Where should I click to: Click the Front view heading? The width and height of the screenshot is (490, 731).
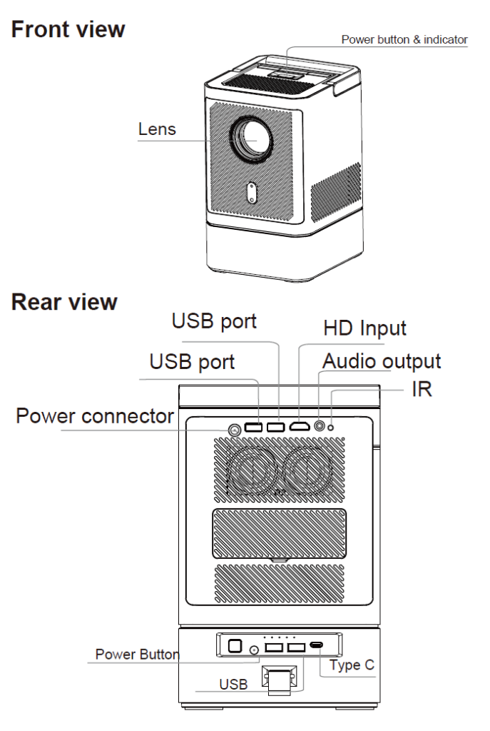68,29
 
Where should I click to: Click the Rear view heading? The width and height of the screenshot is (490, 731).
64,302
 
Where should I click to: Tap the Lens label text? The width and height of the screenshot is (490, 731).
157,129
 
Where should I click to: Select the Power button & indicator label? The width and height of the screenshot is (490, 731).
404,40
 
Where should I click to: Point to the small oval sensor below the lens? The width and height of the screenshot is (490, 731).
252,192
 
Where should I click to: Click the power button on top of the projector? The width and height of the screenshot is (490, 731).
288,74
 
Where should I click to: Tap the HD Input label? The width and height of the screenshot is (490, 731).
364,328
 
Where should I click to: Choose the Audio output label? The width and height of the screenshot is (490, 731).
382,362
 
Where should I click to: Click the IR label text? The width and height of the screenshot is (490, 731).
422,389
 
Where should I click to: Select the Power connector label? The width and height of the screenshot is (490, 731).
95,416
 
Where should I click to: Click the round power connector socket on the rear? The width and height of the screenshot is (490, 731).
235,430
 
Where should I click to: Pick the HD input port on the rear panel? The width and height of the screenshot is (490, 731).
300,426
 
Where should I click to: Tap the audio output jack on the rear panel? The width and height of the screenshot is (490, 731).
320,425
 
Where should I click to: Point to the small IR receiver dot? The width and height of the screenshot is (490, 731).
331,427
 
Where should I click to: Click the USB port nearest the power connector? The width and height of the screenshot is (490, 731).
253,427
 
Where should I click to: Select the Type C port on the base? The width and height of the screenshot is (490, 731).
316,645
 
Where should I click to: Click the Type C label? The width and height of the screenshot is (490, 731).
352,665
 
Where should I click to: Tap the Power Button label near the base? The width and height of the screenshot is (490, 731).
137,654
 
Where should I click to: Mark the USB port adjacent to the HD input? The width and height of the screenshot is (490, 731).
276,427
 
